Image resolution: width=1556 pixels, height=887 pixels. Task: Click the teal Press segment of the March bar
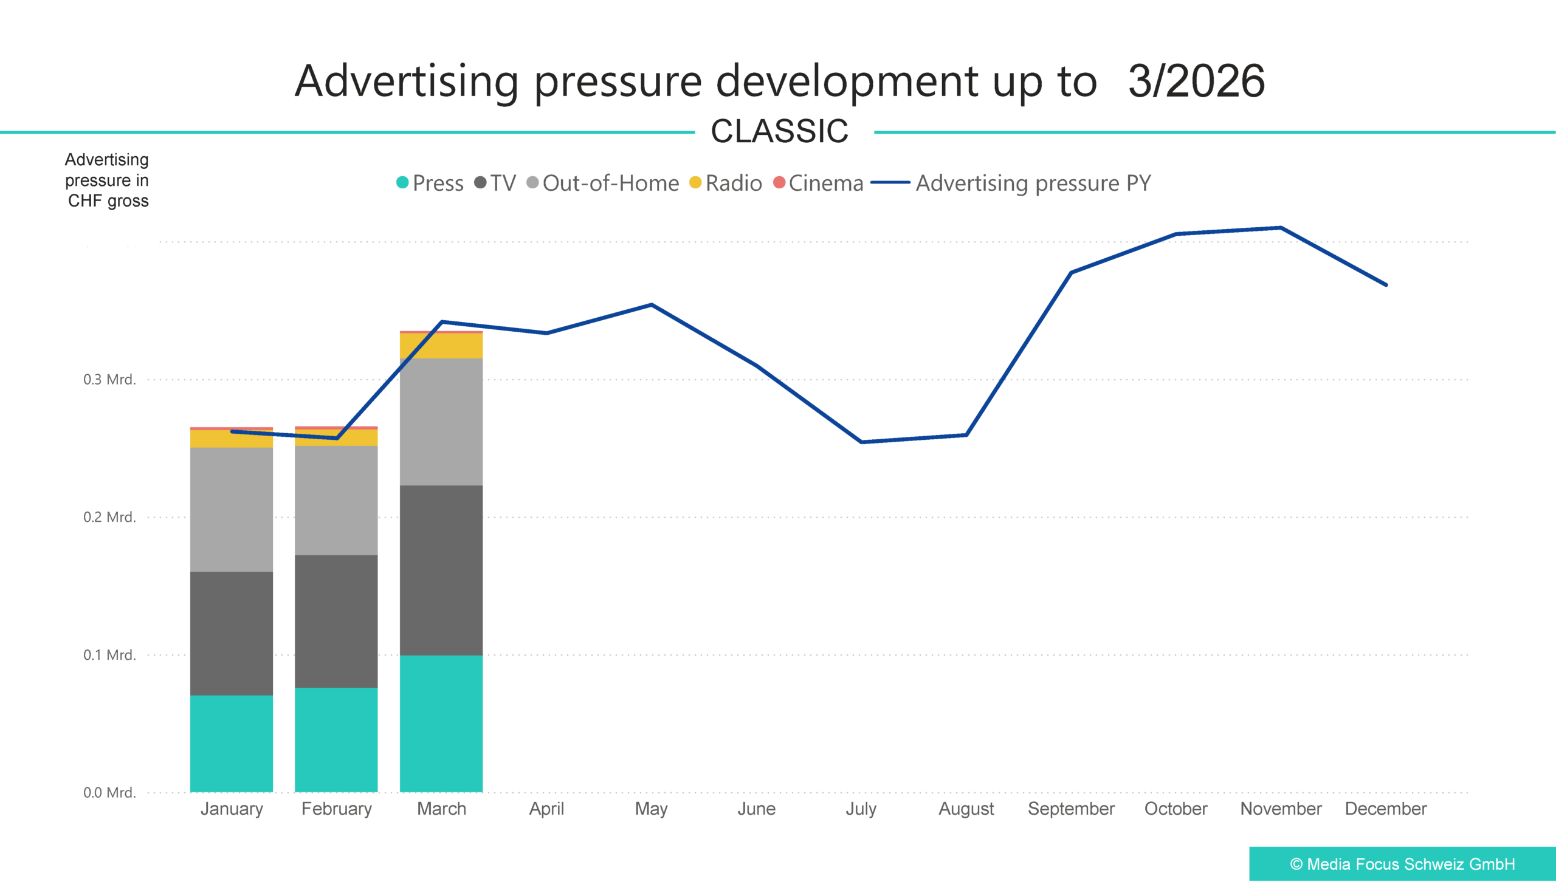click(441, 723)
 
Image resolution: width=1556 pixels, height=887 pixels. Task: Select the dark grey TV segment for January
click(231, 633)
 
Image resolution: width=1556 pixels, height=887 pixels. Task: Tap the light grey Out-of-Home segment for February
click(336, 500)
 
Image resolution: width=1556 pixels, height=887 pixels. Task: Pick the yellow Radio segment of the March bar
click(441, 346)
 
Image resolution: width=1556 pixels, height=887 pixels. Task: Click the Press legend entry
click(430, 183)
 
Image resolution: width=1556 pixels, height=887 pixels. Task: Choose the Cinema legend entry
click(818, 183)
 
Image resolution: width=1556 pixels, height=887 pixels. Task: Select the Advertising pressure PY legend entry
click(1012, 183)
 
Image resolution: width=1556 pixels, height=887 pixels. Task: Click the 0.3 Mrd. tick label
click(109, 380)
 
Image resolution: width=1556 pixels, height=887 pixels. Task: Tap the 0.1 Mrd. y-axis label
click(109, 655)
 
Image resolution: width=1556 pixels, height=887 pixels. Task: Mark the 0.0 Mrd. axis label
click(109, 793)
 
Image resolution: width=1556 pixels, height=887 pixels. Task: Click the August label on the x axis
click(966, 809)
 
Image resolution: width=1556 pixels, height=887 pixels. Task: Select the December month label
click(1385, 809)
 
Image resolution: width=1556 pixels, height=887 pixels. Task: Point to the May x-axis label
click(651, 809)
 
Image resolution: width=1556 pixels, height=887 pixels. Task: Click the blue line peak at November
click(1281, 228)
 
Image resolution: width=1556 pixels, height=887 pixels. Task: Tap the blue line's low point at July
click(861, 442)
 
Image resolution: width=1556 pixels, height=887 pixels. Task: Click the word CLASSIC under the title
click(780, 131)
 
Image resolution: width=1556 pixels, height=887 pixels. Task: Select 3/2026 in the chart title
click(1196, 80)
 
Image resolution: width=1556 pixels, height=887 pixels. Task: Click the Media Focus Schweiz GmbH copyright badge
click(1402, 864)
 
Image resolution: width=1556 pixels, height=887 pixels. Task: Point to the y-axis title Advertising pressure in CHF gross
click(107, 180)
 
